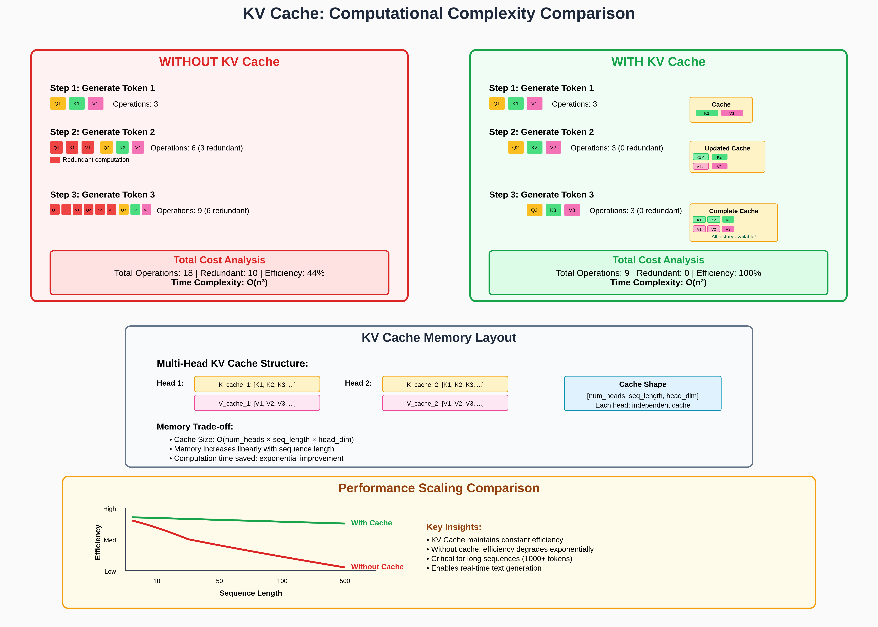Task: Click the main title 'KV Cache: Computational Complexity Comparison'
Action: click(x=439, y=13)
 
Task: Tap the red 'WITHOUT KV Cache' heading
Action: click(x=219, y=62)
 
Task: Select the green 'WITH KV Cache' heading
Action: click(x=658, y=62)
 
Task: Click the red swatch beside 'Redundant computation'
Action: click(x=55, y=160)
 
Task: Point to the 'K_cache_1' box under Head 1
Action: click(x=257, y=384)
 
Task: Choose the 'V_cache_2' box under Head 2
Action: click(x=445, y=403)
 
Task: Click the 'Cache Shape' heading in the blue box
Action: click(x=643, y=384)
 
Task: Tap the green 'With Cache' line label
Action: click(x=371, y=523)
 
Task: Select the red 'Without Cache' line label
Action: click(x=377, y=567)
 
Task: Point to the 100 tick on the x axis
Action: click(x=282, y=581)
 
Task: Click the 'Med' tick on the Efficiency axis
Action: click(x=110, y=540)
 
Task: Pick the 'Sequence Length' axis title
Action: click(x=251, y=593)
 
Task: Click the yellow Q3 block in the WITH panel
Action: click(x=534, y=210)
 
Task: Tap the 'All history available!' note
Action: click(x=734, y=237)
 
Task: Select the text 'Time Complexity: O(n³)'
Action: click(x=219, y=283)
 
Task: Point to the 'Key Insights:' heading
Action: click(x=454, y=527)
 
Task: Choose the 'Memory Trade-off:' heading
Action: click(x=195, y=427)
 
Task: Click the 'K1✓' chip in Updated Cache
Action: click(x=700, y=157)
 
